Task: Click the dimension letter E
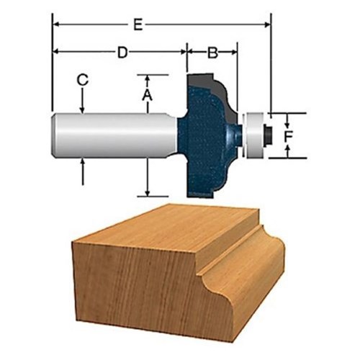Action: pyautogui.click(x=138, y=24)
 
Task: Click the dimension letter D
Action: pyautogui.click(x=122, y=53)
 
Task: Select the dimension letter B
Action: pyautogui.click(x=212, y=53)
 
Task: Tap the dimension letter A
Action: pyautogui.click(x=147, y=95)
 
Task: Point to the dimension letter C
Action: pyautogui.click(x=82, y=80)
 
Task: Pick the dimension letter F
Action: pyautogui.click(x=288, y=137)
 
